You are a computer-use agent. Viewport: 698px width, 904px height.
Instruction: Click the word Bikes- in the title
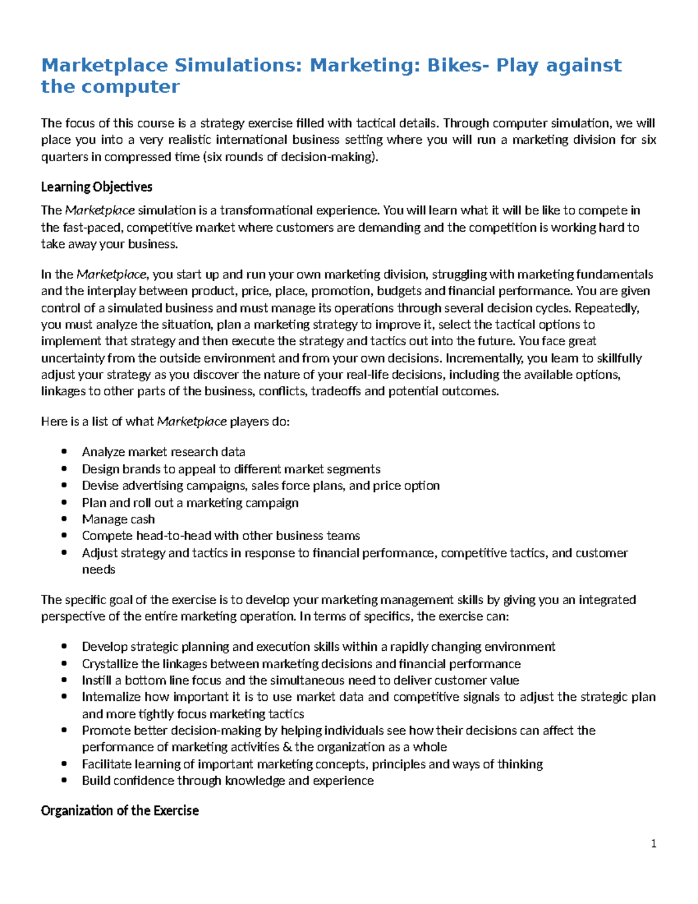[x=458, y=65]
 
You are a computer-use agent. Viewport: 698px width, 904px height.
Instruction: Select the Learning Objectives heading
[x=97, y=187]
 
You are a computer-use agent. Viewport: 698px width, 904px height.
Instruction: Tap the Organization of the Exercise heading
[x=120, y=810]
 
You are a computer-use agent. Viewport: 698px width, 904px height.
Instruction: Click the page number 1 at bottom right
[x=654, y=843]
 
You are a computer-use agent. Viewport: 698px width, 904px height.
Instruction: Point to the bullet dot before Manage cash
[x=65, y=519]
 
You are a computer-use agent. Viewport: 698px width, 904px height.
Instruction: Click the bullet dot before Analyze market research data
[x=65, y=452]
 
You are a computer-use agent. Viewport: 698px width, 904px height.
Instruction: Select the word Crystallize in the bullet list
[x=110, y=664]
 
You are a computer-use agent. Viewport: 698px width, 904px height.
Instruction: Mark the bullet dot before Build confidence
[x=65, y=781]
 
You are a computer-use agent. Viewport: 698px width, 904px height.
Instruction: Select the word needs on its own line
[x=98, y=569]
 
